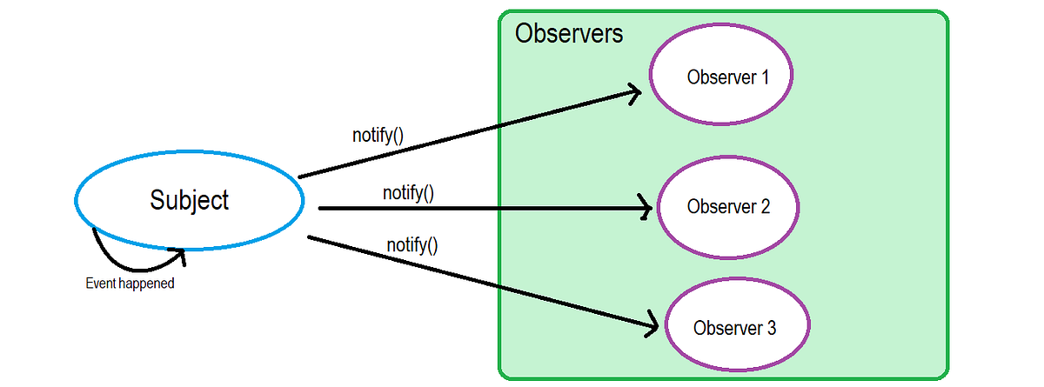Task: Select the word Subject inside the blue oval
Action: pos(189,200)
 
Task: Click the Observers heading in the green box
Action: pos(569,34)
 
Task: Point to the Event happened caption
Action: pos(130,284)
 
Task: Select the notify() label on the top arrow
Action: pos(378,135)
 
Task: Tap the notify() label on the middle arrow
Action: pos(408,192)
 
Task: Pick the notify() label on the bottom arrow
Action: pos(412,244)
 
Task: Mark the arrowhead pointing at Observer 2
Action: pos(644,208)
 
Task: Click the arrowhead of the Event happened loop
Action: pos(178,253)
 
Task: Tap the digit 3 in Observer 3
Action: pos(771,328)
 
